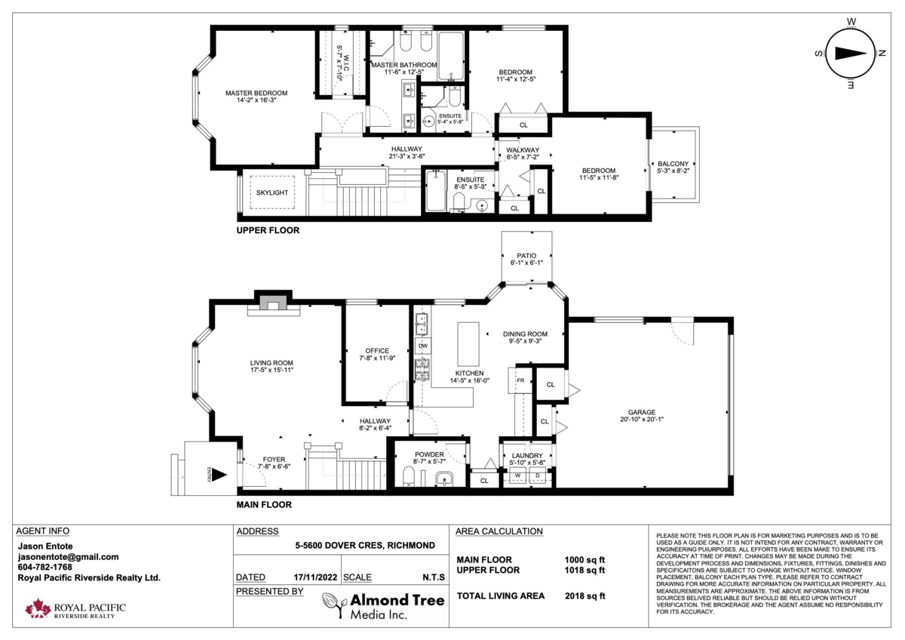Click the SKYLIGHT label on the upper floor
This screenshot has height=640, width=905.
272,193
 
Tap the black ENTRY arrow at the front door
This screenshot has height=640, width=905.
219,475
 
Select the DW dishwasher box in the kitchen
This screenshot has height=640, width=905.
423,346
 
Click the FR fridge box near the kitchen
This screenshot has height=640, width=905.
520,380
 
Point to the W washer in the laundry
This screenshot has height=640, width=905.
517,475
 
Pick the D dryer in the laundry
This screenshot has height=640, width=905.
537,475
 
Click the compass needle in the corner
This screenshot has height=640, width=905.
851,54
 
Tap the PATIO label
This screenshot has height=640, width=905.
526,256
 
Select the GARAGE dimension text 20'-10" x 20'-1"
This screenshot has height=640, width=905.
642,420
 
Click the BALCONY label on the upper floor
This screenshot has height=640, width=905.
673,164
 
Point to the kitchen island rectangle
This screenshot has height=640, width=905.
468,344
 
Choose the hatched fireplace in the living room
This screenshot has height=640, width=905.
273,303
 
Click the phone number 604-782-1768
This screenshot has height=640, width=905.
44,568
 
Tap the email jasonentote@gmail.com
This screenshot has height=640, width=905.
69,557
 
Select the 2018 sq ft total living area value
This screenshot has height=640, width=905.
585,596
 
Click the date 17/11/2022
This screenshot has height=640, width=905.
315,577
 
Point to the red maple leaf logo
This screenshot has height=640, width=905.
38,608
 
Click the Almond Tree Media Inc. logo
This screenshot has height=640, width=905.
383,605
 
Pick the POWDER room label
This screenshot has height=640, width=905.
429,454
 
